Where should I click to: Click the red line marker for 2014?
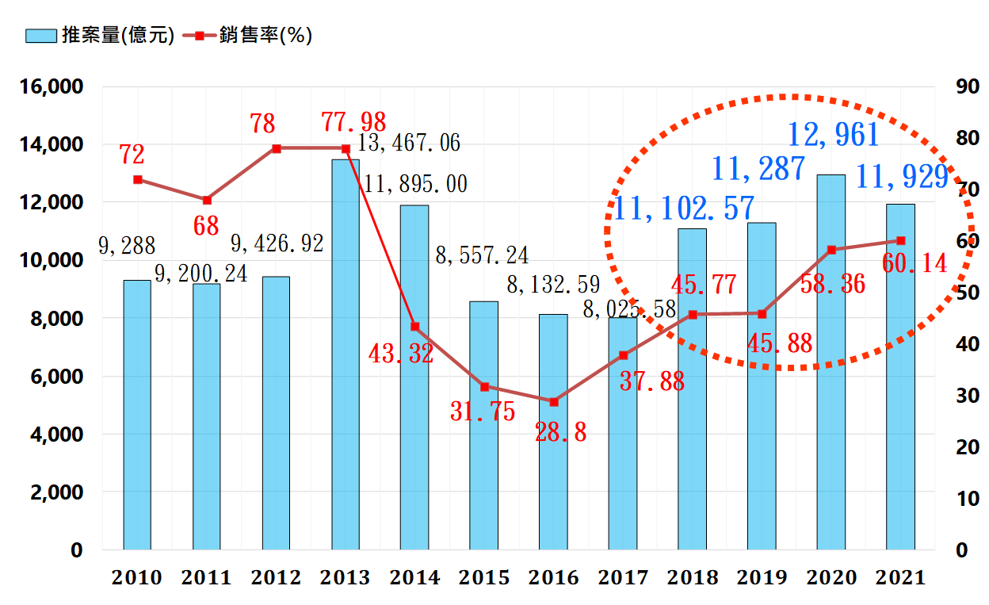click(x=415, y=327)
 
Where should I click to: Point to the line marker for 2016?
click(x=553, y=402)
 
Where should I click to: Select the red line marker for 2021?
click(x=901, y=240)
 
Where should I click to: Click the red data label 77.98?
click(x=353, y=123)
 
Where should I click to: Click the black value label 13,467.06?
click(x=409, y=144)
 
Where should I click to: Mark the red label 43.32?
click(x=401, y=354)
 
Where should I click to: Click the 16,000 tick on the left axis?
click(x=49, y=86)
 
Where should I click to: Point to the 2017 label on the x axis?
click(x=623, y=578)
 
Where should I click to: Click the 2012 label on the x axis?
click(x=276, y=578)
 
